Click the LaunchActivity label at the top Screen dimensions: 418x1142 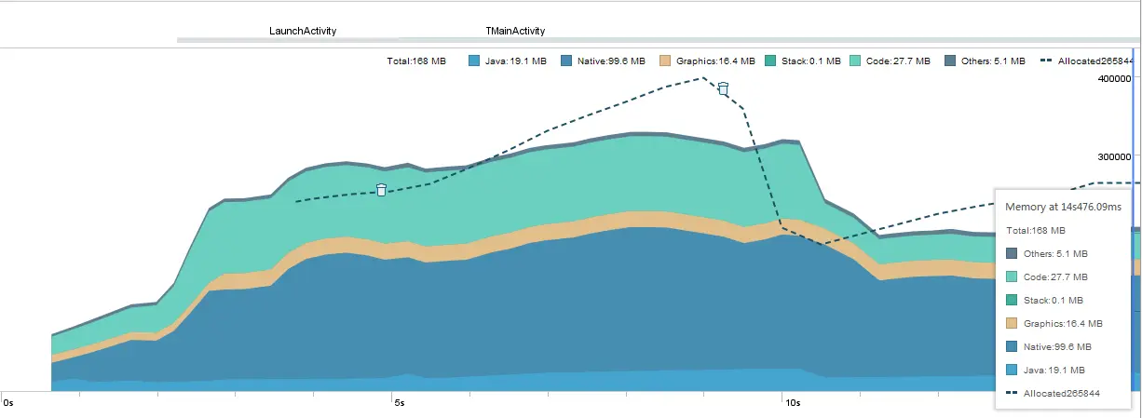303,31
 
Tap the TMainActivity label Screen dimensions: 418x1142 515,31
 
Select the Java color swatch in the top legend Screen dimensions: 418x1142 474,61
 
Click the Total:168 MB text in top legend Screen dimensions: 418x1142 416,61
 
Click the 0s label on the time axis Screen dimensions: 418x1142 9,403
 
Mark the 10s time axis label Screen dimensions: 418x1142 792,403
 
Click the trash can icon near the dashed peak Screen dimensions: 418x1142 723,89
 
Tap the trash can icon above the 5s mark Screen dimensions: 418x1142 381,190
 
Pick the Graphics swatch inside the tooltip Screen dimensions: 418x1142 1013,323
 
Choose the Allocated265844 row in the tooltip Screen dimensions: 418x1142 1061,394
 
